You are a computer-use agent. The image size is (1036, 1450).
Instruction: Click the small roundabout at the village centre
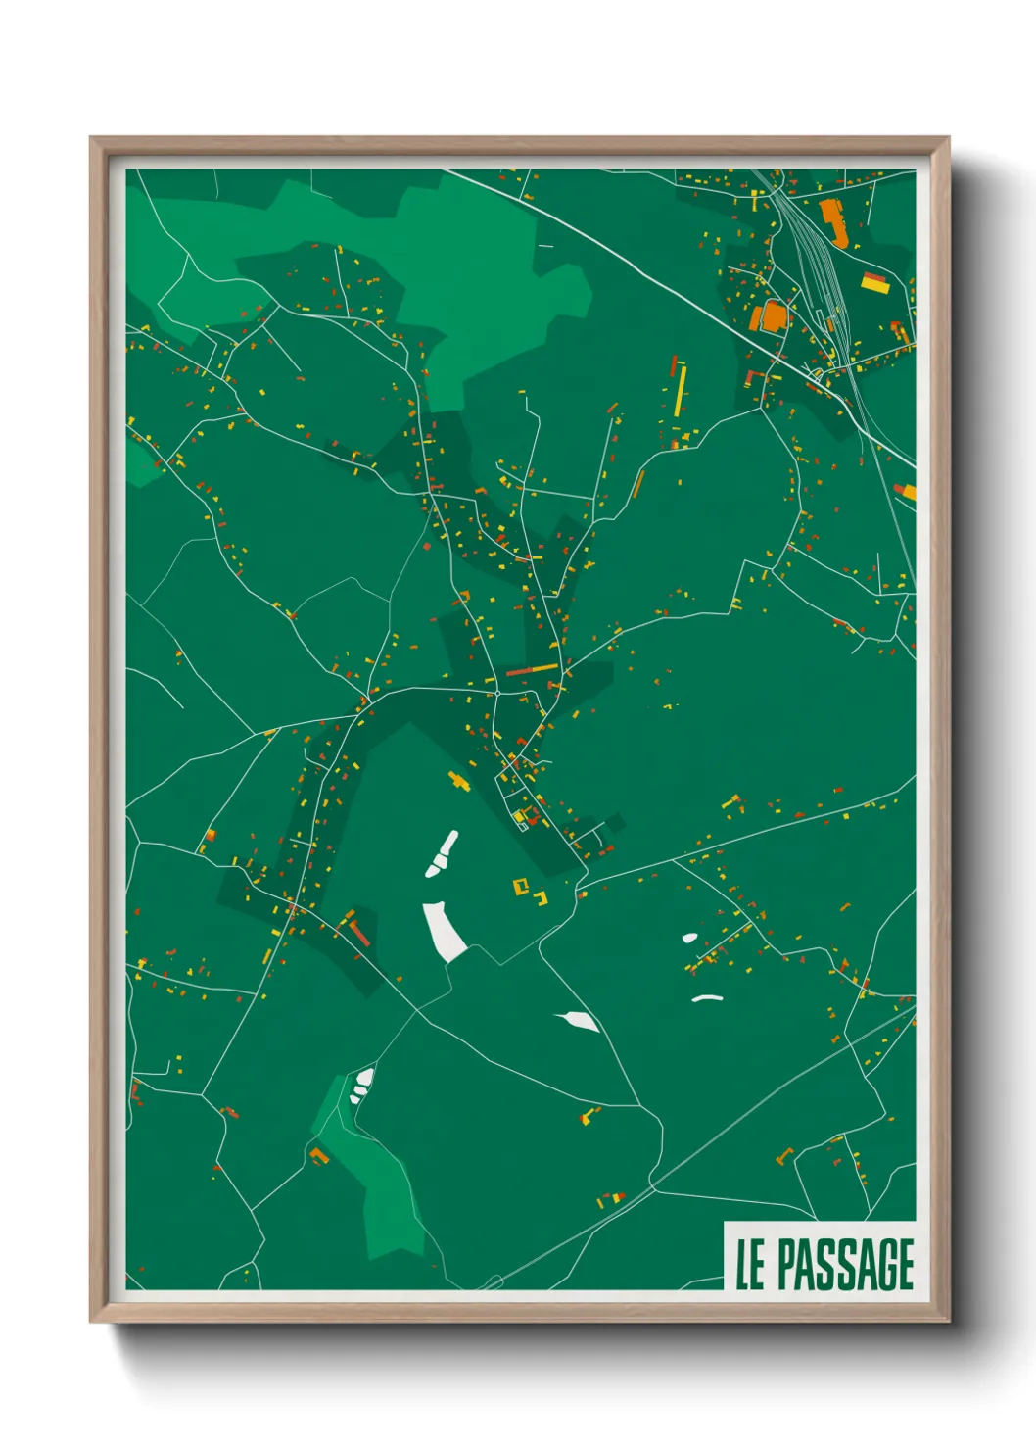[497, 693]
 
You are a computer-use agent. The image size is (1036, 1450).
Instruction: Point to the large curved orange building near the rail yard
[832, 220]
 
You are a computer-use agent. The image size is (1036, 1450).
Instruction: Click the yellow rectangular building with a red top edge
[874, 284]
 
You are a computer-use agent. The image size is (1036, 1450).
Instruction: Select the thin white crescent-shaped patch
[706, 998]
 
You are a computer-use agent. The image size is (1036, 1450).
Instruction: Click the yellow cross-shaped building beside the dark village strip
[456, 781]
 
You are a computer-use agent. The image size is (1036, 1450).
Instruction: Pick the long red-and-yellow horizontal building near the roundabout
[532, 670]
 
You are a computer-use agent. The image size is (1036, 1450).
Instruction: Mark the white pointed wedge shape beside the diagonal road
[581, 1021]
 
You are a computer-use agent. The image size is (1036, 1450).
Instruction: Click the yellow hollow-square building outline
[522, 887]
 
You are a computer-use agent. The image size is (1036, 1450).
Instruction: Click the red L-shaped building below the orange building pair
[755, 377]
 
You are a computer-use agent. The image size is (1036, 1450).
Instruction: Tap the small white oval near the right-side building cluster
[689, 938]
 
